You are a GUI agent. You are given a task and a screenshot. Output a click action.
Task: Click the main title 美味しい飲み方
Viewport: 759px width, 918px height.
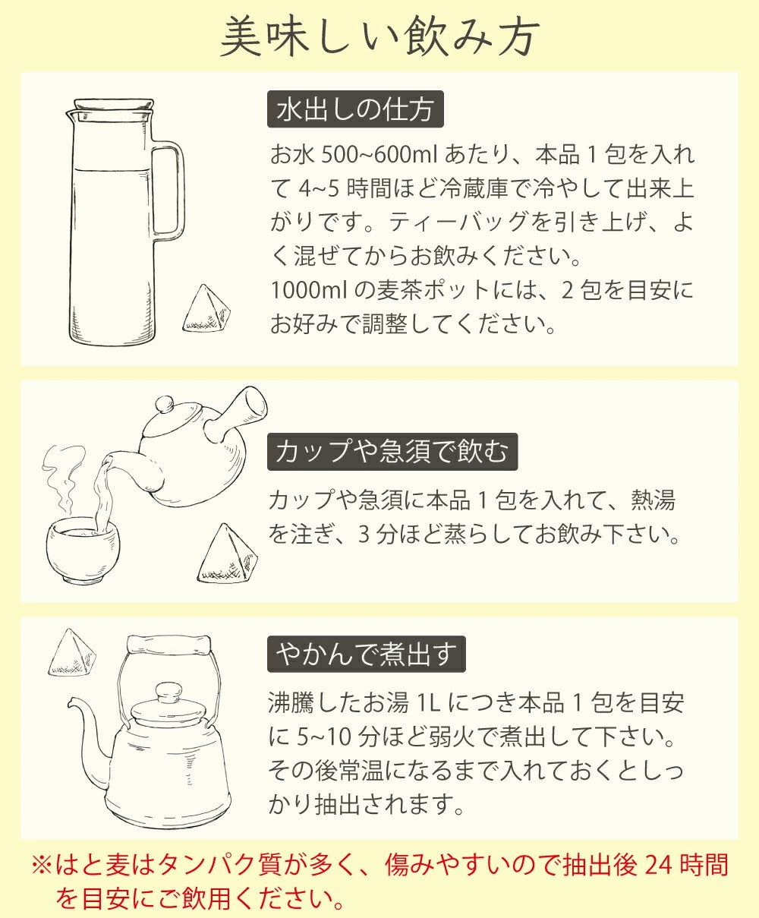click(x=379, y=36)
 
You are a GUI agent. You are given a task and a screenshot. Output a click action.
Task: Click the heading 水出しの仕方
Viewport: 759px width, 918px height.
click(x=355, y=109)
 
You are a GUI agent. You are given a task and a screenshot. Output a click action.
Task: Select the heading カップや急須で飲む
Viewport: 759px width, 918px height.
click(x=392, y=452)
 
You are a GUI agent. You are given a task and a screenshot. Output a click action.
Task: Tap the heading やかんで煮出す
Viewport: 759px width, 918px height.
click(x=366, y=654)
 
